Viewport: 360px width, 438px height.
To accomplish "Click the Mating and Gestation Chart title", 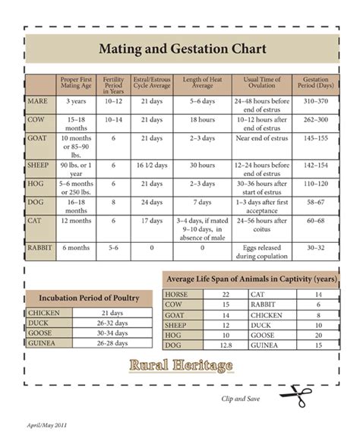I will point(182,50).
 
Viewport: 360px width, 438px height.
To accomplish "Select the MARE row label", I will point(39,100).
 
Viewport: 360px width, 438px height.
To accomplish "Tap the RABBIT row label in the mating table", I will point(41,247).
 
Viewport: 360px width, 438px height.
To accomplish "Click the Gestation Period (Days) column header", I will point(315,84).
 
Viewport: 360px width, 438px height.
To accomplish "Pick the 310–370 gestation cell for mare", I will point(315,100).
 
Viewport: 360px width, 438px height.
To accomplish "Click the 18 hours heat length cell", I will point(202,120).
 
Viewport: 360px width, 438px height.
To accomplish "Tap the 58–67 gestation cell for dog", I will point(315,203).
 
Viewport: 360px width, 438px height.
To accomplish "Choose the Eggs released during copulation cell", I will point(261,251).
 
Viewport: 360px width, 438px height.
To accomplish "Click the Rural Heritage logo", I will point(181,366).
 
